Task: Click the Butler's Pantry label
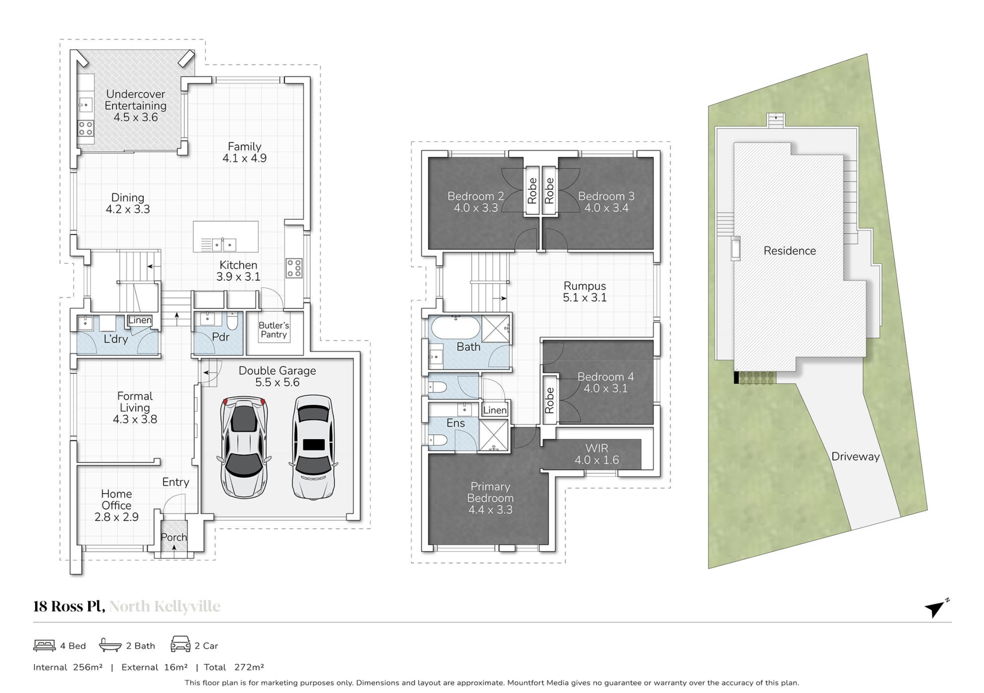(274, 330)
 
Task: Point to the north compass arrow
(936, 608)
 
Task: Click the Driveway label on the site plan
(855, 457)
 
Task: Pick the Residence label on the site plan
(790, 251)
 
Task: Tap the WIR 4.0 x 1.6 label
(597, 454)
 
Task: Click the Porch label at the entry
(174, 537)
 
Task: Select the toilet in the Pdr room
(232, 321)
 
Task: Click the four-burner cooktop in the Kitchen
(294, 268)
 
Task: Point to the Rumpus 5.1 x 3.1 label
(585, 292)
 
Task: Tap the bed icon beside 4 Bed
(44, 645)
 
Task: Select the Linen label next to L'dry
(140, 320)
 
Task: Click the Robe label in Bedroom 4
(549, 400)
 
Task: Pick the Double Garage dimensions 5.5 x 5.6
(277, 383)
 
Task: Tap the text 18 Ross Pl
(69, 606)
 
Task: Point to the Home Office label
(116, 500)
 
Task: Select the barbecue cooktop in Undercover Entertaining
(86, 128)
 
